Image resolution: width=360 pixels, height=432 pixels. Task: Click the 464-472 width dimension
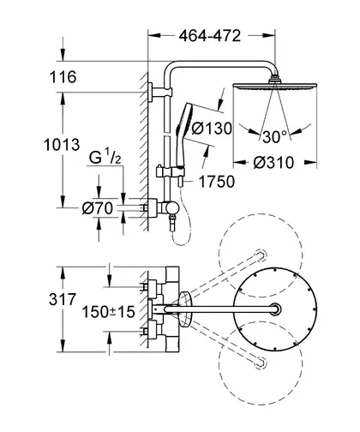click(210, 36)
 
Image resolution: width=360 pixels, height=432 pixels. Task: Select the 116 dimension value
click(63, 77)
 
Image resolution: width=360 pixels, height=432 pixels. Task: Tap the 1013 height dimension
click(62, 145)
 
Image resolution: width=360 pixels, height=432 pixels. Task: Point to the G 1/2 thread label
click(105, 157)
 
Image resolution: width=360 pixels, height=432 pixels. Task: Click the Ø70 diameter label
click(97, 208)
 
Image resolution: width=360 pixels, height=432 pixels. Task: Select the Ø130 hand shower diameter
click(212, 129)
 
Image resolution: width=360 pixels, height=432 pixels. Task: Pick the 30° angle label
click(274, 136)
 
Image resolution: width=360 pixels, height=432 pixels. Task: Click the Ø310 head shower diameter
click(273, 163)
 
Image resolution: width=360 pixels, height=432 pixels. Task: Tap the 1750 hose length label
click(216, 182)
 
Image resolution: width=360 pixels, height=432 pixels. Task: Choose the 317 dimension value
click(63, 299)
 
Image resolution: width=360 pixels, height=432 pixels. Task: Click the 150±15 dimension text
click(108, 311)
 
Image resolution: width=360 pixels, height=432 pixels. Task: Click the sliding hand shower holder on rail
click(171, 173)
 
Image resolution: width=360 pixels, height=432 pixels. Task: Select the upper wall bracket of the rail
click(160, 92)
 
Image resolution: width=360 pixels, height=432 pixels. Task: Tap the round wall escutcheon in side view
click(152, 207)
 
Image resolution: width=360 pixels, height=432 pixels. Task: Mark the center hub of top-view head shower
click(275, 309)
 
